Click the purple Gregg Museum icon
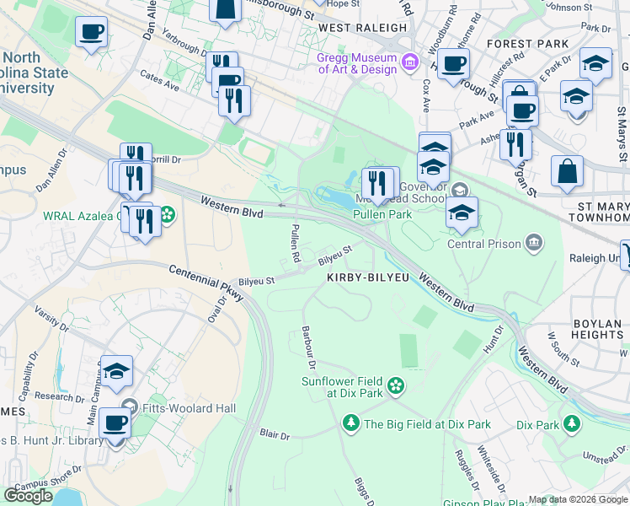[410, 62]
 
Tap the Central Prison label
[483, 245]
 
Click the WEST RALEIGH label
[363, 28]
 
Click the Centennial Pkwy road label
[206, 283]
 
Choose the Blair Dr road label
[275, 436]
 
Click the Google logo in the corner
[28, 496]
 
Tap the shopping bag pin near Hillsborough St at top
[227, 10]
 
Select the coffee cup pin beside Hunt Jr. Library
[115, 424]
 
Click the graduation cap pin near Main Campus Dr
[116, 370]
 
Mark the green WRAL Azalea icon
[168, 215]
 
